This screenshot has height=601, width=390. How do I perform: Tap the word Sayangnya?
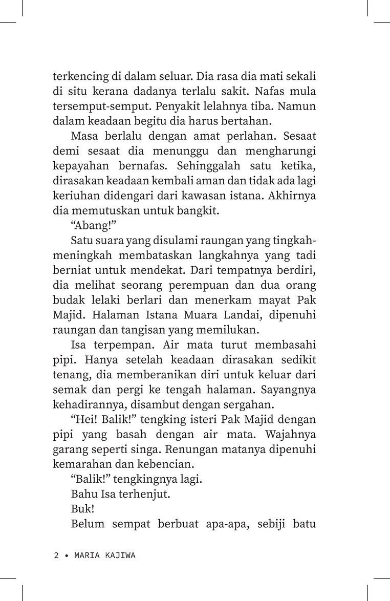tap(290, 391)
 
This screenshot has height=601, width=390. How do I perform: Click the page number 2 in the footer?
tap(56, 556)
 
